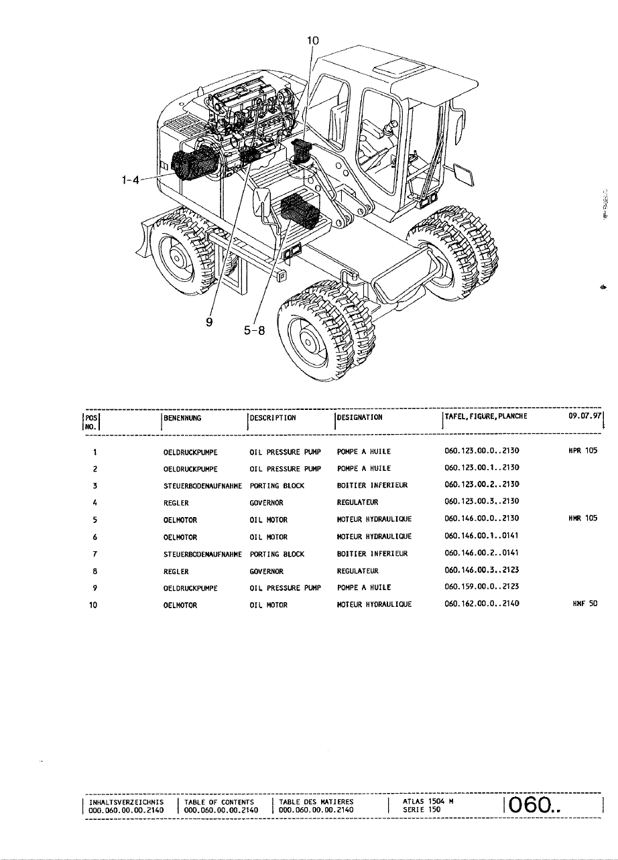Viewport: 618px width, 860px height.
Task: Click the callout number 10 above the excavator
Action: tap(313, 41)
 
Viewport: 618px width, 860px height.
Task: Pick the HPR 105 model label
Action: tap(582, 451)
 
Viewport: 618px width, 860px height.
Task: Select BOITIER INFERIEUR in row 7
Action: tap(372, 554)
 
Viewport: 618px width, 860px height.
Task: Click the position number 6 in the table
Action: tap(97, 536)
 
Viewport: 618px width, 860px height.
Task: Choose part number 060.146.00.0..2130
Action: tap(482, 519)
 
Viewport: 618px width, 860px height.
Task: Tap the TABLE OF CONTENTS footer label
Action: tap(219, 801)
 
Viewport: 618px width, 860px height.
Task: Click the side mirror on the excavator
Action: tap(262, 202)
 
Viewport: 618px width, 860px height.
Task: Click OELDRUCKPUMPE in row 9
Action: tap(190, 588)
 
